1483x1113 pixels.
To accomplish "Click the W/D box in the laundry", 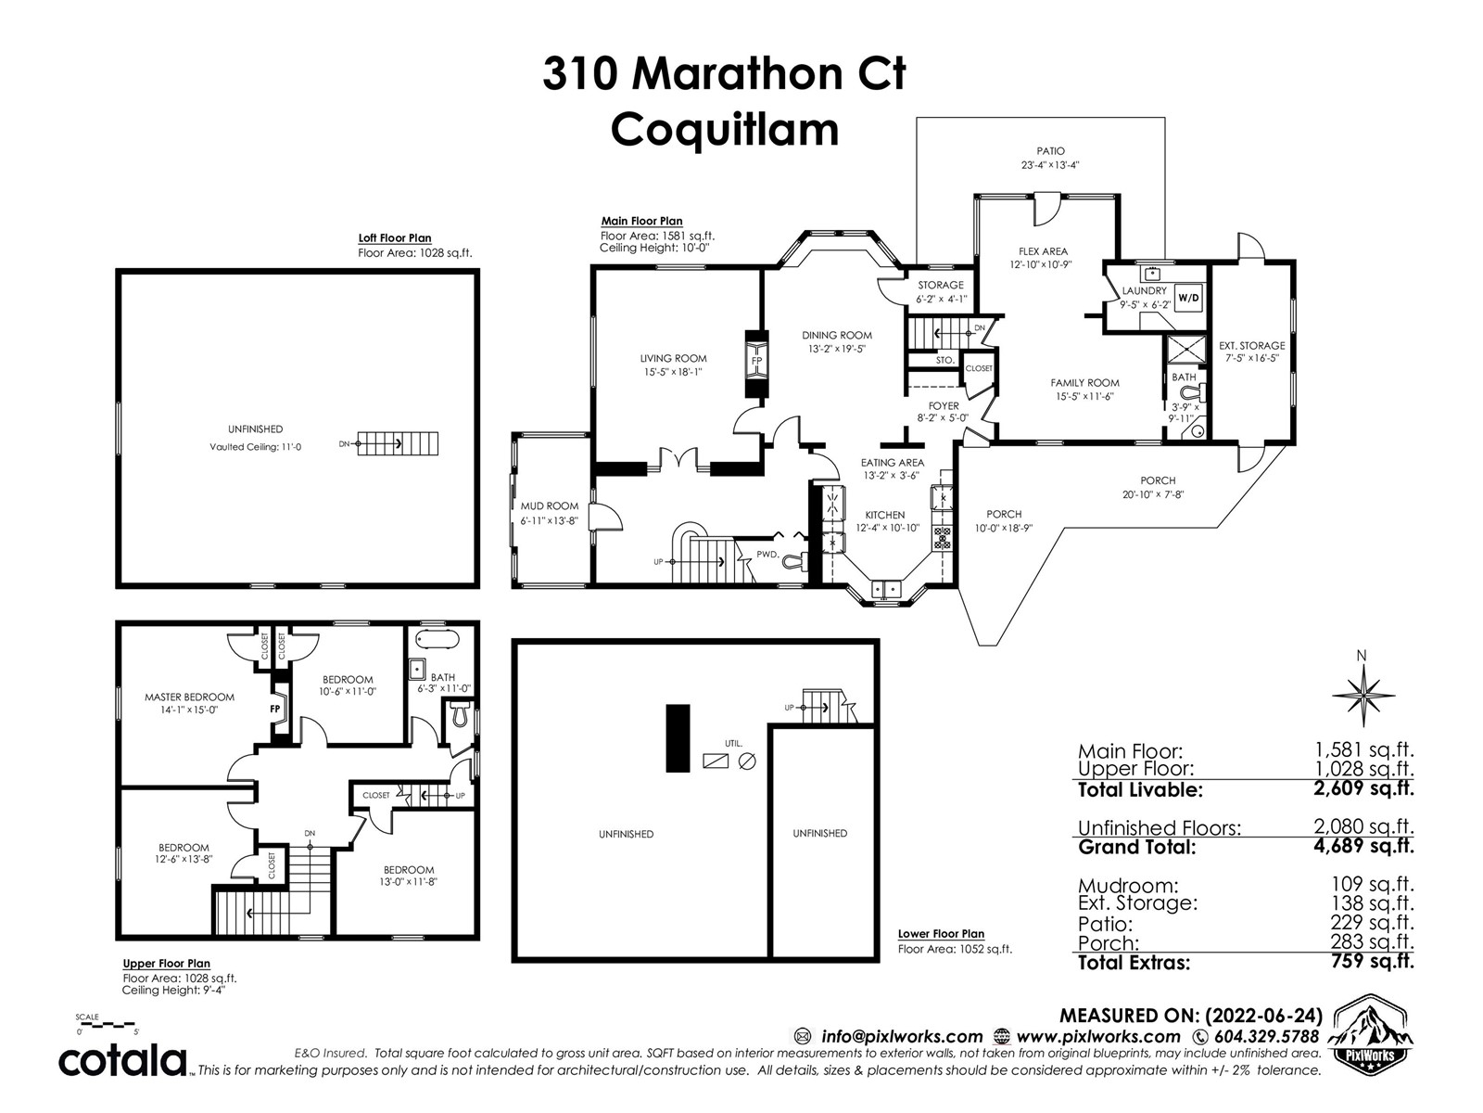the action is tap(1187, 298).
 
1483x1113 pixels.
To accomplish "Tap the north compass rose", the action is tap(1363, 695).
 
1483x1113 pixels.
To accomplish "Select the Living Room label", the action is tap(674, 358).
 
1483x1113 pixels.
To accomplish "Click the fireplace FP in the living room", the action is tap(756, 363).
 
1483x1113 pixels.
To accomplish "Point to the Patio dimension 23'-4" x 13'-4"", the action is tap(1050, 165).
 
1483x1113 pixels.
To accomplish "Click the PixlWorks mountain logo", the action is tap(1370, 1032).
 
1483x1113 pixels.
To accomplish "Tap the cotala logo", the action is tap(122, 1062).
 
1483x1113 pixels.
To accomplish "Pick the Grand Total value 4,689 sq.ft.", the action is tap(1363, 846).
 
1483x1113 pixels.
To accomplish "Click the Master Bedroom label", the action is tap(189, 697).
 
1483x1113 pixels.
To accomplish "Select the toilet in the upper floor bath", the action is tap(460, 713).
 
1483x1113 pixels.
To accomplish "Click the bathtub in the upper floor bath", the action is tap(437, 639).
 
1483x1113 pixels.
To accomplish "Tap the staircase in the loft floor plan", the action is tap(398, 444).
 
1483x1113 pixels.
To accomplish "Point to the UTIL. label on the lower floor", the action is tap(733, 743).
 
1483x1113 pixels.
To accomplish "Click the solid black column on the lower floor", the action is tap(678, 738).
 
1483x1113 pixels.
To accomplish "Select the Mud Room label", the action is tap(550, 506).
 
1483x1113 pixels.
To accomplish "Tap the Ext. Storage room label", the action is tap(1251, 346).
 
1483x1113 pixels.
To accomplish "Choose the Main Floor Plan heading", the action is tap(641, 221).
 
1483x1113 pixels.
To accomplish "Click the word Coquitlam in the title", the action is tap(725, 131).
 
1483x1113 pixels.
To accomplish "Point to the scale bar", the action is tap(108, 1025).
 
